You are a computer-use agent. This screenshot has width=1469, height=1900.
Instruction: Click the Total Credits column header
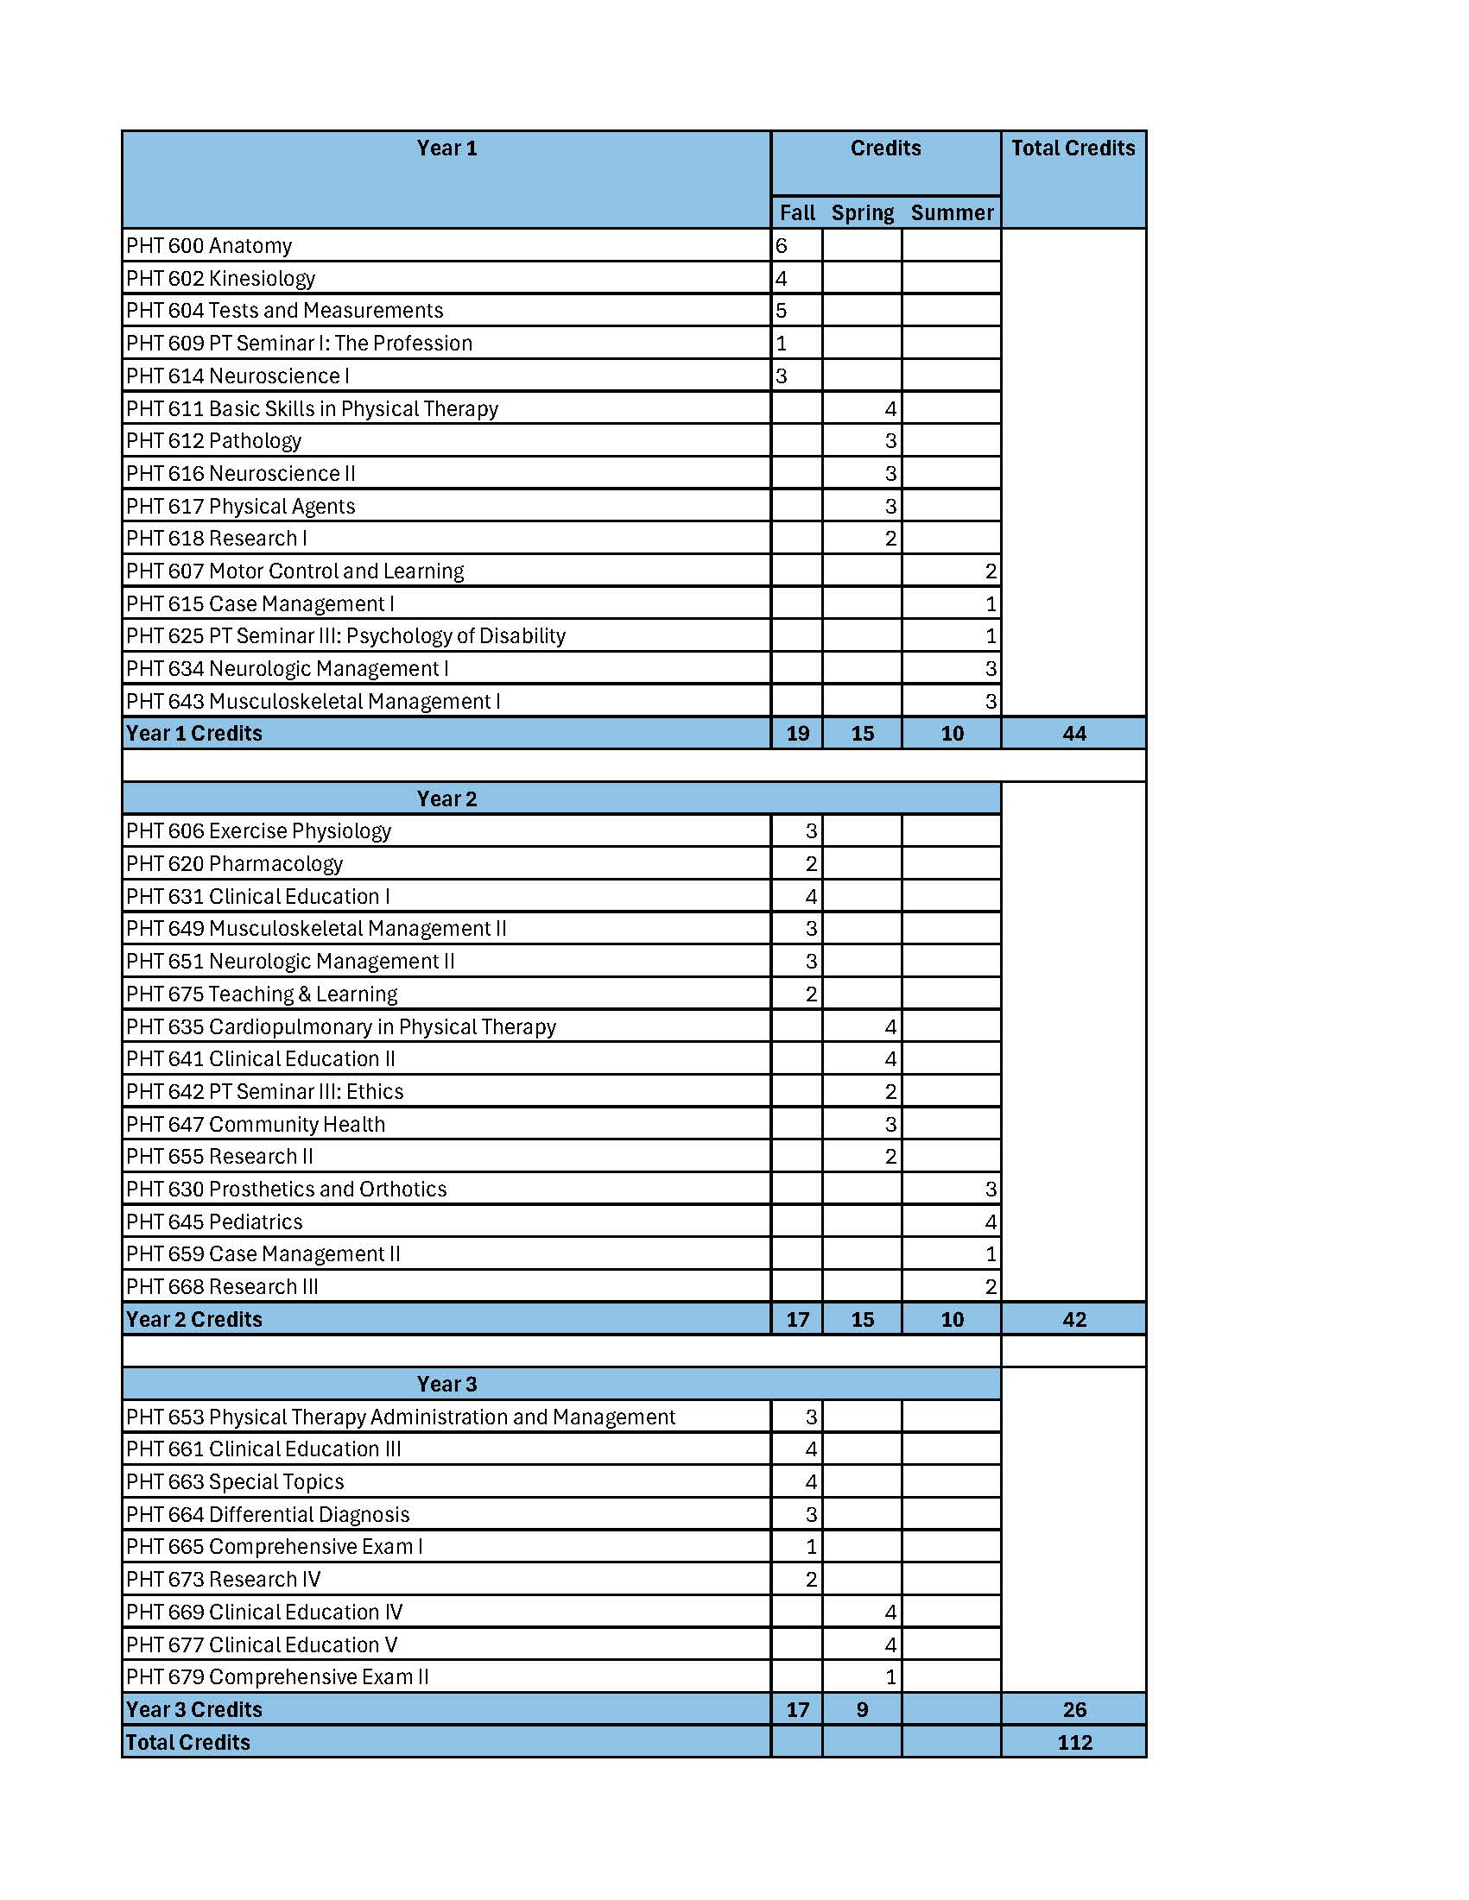[1072, 148]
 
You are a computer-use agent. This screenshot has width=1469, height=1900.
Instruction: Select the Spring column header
[862, 213]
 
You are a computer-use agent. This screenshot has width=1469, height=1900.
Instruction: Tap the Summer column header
[951, 213]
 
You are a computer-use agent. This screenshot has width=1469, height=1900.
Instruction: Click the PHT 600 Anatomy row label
[209, 246]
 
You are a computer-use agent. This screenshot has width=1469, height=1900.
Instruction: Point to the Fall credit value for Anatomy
[782, 246]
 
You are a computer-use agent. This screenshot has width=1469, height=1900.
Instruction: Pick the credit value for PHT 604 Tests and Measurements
[782, 311]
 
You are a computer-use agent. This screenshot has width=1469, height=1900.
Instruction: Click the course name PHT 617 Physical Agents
[240, 507]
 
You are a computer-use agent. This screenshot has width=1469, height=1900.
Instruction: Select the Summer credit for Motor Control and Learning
[990, 571]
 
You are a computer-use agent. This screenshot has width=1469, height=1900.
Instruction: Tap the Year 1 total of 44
[1074, 735]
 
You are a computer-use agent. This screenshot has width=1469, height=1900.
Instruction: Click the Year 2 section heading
[446, 799]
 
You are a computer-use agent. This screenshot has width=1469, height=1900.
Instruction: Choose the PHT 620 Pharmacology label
[234, 864]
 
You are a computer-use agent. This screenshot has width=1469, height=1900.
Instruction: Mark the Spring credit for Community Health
[890, 1125]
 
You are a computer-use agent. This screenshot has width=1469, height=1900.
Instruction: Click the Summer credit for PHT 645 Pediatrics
[990, 1222]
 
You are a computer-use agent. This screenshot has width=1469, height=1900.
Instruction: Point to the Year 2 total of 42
[1074, 1320]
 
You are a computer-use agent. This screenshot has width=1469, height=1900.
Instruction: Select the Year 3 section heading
[446, 1384]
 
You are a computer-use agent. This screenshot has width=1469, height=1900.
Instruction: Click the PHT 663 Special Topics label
[235, 1481]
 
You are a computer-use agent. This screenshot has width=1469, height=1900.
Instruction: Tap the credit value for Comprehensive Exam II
[890, 1677]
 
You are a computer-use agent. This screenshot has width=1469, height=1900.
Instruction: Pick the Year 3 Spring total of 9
[862, 1710]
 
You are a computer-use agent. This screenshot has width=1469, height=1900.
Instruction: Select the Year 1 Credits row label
[193, 735]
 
